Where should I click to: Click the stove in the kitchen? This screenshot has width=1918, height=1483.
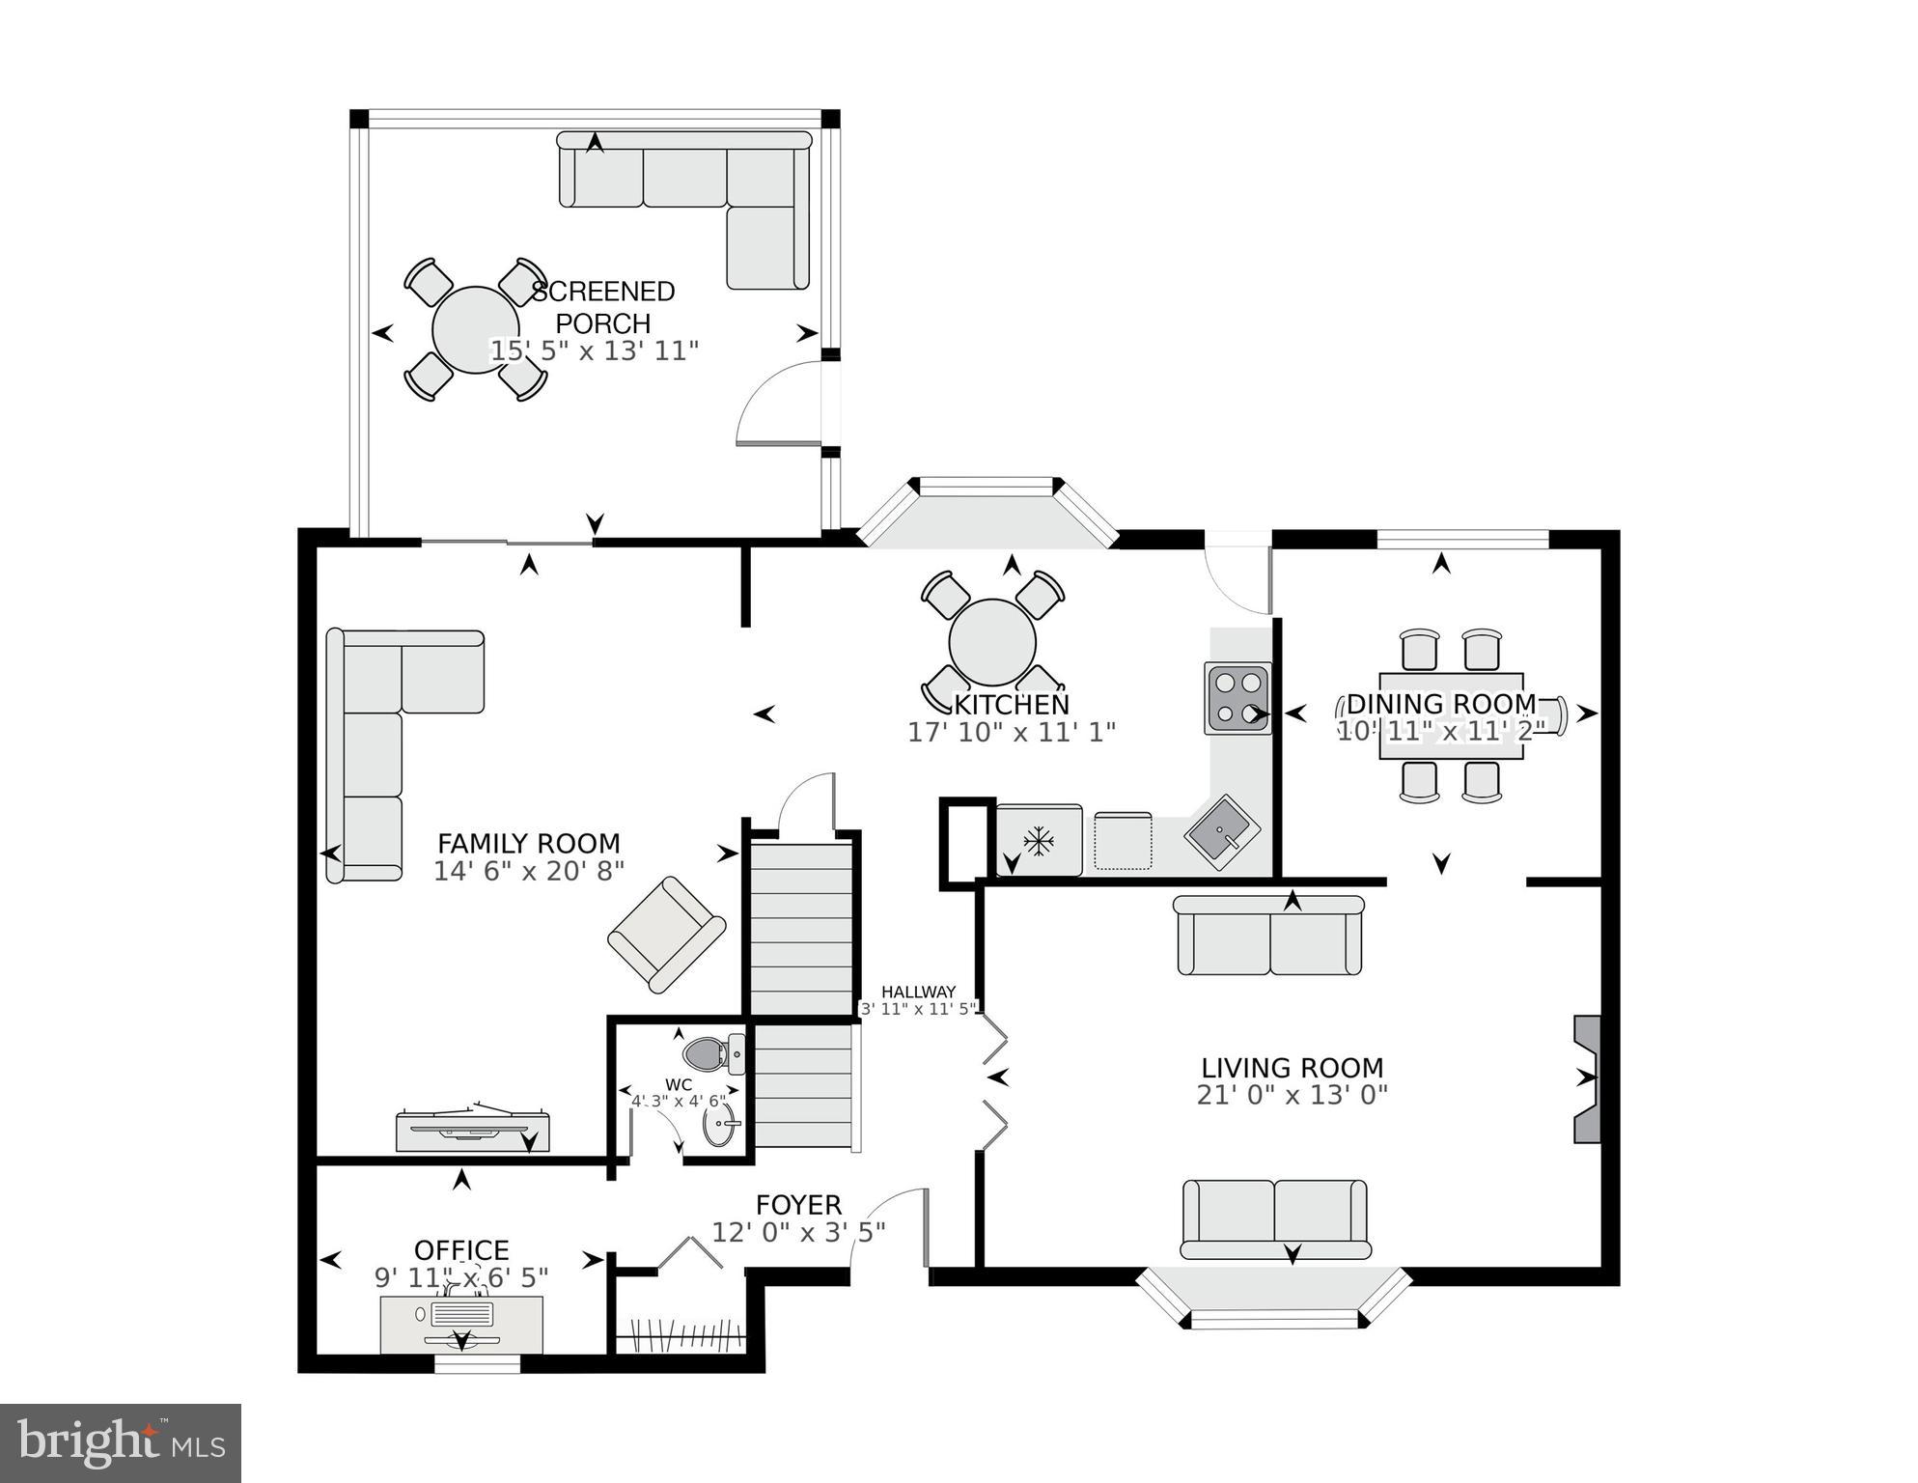[1237, 698]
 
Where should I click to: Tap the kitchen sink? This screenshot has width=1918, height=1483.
[1223, 832]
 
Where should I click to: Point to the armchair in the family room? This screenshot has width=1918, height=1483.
[666, 934]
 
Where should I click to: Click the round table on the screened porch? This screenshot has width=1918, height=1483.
[475, 330]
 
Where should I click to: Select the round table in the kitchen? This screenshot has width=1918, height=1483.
[992, 642]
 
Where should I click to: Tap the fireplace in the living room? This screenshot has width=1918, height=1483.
[1587, 1078]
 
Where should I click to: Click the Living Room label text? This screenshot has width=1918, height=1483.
[1292, 1068]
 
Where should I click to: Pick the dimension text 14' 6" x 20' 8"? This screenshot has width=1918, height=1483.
[528, 871]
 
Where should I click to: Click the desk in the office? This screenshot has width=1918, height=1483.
[461, 1324]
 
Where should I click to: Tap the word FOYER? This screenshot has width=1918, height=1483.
[798, 1205]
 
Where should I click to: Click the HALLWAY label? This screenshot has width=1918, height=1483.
[918, 992]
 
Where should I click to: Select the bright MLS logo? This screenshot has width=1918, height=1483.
[121, 1442]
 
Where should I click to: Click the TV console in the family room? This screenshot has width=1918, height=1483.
[473, 1131]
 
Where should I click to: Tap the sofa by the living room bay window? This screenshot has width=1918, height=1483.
[1275, 1219]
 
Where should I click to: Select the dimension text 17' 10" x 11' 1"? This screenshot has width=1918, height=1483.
[1011, 732]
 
